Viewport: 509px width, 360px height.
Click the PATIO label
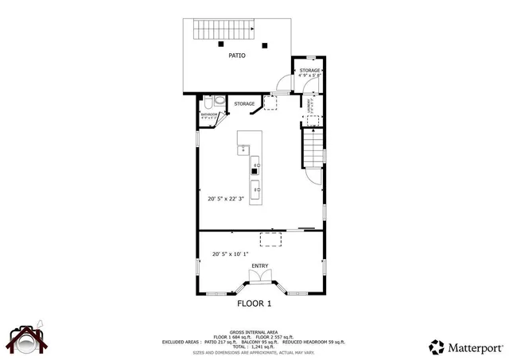point(236,56)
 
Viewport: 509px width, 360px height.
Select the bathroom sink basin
point(219,103)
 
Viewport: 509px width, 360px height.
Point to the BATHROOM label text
point(208,115)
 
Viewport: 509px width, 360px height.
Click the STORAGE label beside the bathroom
point(244,104)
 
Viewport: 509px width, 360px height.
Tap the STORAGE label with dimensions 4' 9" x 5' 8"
point(309,72)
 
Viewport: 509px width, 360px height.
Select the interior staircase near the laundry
point(314,147)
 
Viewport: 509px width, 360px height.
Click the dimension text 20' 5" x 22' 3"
point(227,199)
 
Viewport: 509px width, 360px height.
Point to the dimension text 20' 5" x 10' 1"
point(230,254)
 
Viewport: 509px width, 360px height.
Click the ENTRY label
point(260,265)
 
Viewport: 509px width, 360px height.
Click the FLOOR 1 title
point(254,304)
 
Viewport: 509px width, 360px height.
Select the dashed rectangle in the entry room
point(272,241)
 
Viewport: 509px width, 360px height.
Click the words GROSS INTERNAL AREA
point(253,331)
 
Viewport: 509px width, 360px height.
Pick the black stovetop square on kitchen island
point(254,169)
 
